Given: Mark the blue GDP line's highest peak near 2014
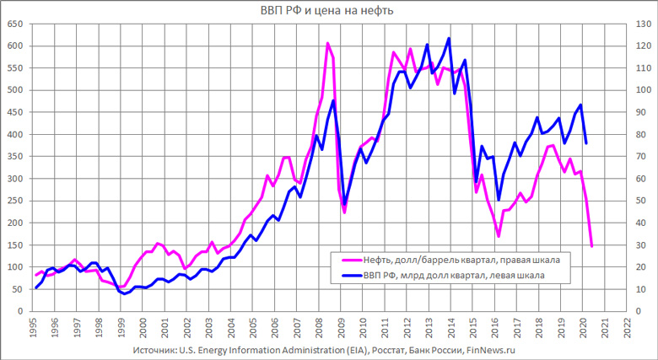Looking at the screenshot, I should pos(449,38).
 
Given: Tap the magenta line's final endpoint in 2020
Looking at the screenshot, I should pos(592,245).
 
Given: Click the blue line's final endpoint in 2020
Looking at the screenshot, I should pos(586,142).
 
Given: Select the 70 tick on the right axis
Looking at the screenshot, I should pos(639,157).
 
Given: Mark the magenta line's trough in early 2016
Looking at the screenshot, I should pos(499,236).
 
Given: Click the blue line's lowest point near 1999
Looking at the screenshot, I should pos(124,293).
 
